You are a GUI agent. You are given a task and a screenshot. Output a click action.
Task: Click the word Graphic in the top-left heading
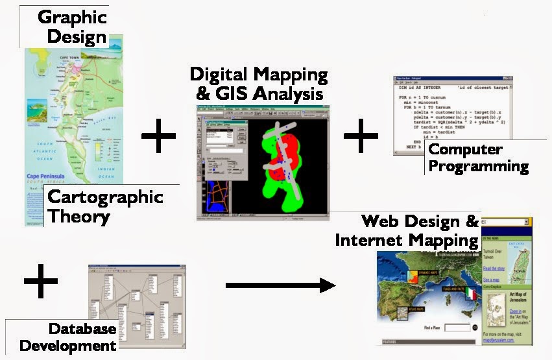[x=73, y=16]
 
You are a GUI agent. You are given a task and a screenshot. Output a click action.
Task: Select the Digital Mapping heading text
[x=259, y=73]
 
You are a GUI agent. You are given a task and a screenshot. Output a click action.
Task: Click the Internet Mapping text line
[x=407, y=240]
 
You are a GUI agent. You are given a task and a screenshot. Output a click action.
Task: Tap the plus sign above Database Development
[x=41, y=280]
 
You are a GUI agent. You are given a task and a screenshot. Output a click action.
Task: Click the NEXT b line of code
[x=410, y=147]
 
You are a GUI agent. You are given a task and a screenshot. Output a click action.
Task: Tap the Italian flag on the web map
[x=471, y=296]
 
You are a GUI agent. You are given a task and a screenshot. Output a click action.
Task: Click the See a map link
[x=491, y=280]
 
